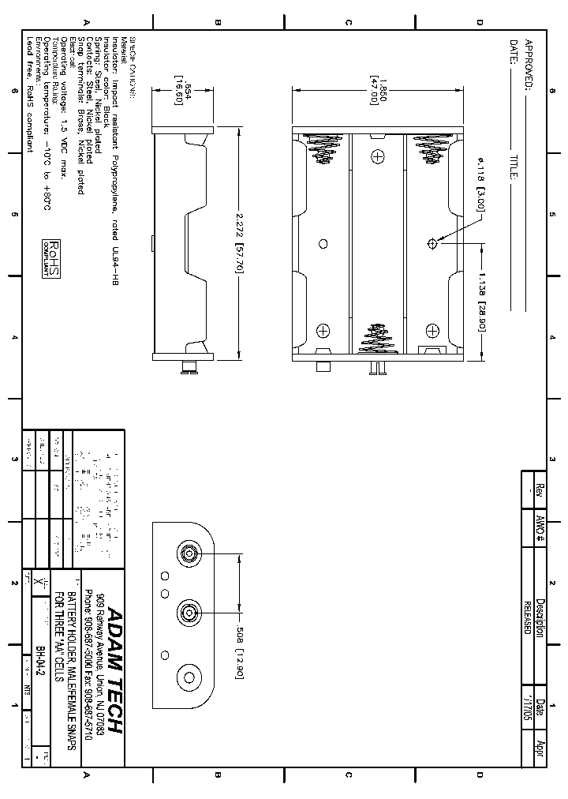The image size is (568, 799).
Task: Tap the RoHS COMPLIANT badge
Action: [x=51, y=261]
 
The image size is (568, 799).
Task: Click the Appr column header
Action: [x=540, y=745]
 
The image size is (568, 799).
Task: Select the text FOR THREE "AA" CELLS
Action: [x=59, y=632]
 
